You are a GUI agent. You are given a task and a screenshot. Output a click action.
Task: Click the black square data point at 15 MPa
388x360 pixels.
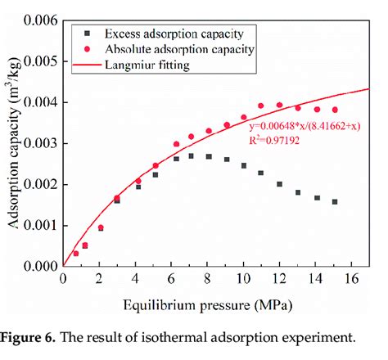tap(334, 201)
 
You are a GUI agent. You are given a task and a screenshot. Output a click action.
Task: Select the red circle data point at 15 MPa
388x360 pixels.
tap(334, 110)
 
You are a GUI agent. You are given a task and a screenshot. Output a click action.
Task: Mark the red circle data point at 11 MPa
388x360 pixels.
tap(261, 106)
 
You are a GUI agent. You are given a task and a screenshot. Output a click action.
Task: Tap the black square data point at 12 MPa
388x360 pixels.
tap(279, 184)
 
